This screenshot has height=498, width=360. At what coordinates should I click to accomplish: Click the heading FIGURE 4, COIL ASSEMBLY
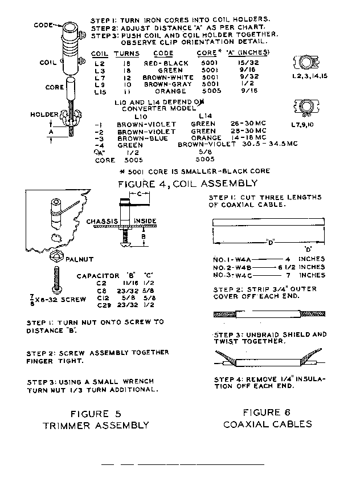pyautogui.click(x=187, y=183)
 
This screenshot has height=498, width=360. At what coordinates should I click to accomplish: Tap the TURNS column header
pyautogui.click(x=126, y=54)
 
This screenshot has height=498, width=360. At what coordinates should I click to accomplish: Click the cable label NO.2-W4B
pyautogui.click(x=230, y=267)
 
